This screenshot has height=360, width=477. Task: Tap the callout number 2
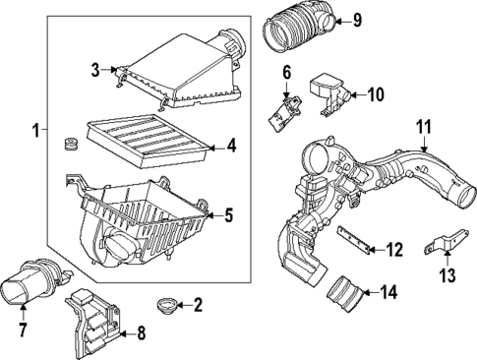click(x=197, y=306)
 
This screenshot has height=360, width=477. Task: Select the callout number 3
click(x=95, y=70)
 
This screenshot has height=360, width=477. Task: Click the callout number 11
click(x=424, y=127)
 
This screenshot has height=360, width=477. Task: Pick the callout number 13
click(x=448, y=275)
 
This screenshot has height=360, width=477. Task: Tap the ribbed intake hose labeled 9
click(x=299, y=27)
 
